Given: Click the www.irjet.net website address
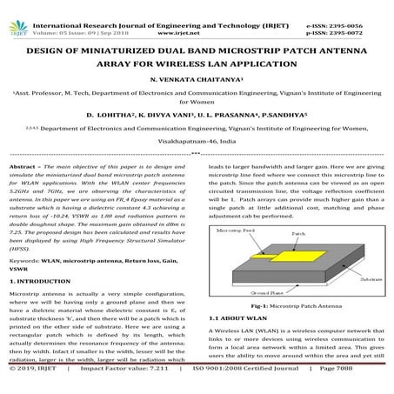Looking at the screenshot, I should point(197,17).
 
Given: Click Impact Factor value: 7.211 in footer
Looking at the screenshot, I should point(121,388).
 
